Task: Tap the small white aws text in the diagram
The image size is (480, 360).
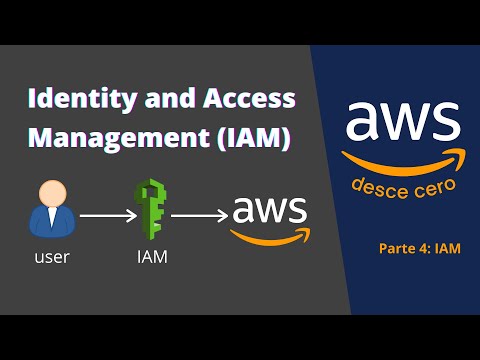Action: pos(269,210)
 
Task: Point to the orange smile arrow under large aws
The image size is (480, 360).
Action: pos(400,161)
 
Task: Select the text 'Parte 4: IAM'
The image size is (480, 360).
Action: pos(420,247)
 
